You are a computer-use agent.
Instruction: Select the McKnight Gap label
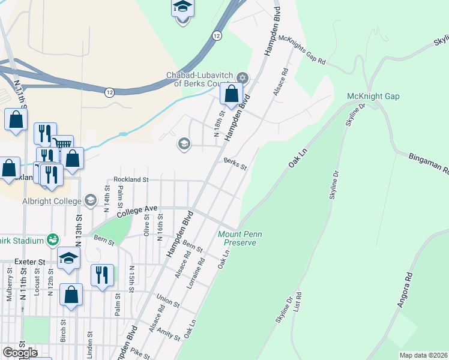coord(373,96)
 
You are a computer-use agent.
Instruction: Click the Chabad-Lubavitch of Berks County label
coord(200,79)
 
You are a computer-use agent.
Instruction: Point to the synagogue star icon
coord(242,77)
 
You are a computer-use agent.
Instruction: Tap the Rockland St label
coord(131,179)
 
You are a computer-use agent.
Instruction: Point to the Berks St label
coord(235,163)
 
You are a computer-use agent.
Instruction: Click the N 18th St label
coord(221,122)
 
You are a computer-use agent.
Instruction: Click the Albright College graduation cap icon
coord(91,200)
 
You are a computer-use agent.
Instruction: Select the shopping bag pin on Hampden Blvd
coord(231,94)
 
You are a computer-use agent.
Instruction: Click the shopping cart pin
coord(62,145)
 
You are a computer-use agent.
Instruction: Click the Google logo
coord(19,353)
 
